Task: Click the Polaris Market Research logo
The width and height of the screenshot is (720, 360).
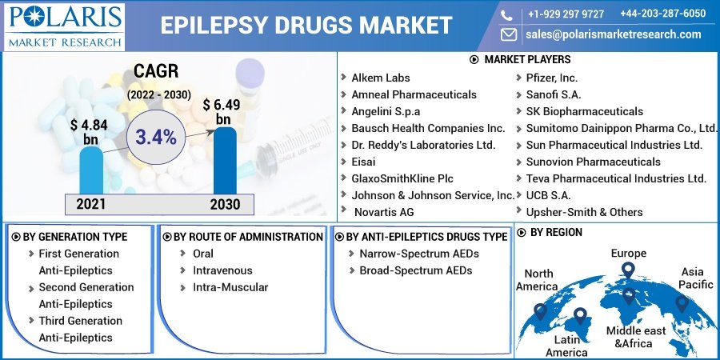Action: [64, 25]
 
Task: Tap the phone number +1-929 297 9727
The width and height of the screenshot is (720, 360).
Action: [566, 14]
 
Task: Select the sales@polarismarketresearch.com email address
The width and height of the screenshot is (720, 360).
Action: [613, 34]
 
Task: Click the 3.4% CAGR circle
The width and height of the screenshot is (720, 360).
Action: [155, 137]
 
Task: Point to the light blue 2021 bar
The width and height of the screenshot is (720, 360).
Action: [90, 170]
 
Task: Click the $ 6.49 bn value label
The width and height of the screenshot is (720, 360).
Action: [222, 112]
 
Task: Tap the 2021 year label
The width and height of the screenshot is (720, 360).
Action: [90, 204]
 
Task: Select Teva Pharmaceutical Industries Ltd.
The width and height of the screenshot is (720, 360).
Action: [616, 178]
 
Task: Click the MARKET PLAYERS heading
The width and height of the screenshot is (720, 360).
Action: [527, 60]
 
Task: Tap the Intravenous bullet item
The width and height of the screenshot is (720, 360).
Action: [222, 270]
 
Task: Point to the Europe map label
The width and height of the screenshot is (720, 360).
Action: [628, 253]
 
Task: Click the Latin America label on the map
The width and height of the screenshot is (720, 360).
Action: [566, 346]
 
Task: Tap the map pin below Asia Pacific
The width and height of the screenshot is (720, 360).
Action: [682, 304]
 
